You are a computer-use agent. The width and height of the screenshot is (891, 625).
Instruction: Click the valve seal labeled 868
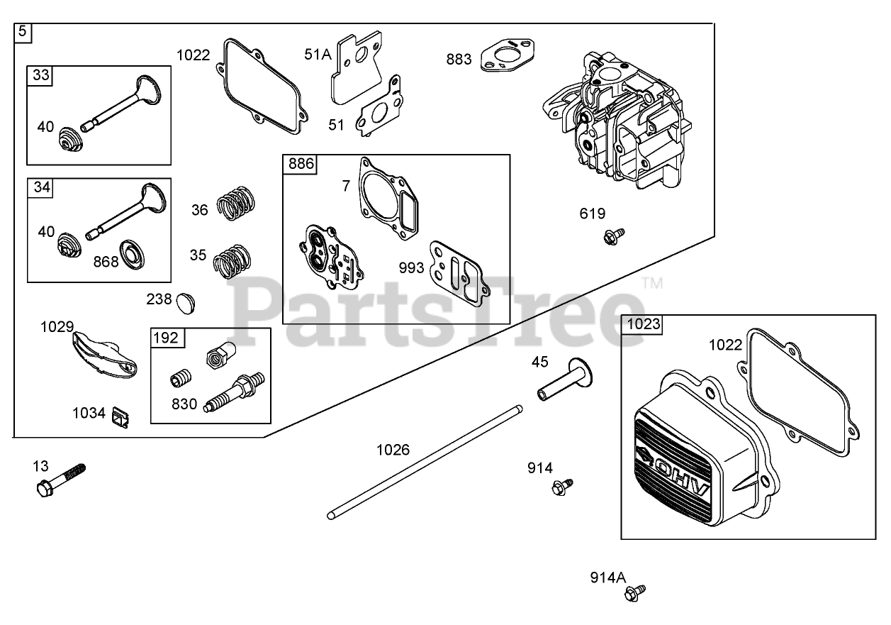(133, 253)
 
